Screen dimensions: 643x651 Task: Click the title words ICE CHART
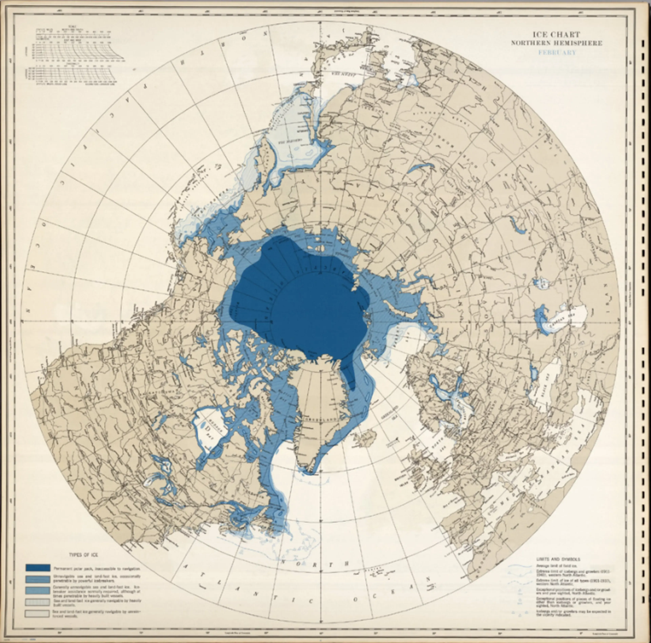pyautogui.click(x=556, y=34)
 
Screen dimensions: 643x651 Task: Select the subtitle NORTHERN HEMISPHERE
pyautogui.click(x=556, y=43)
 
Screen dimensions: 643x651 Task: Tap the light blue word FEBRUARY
pyautogui.click(x=557, y=52)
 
